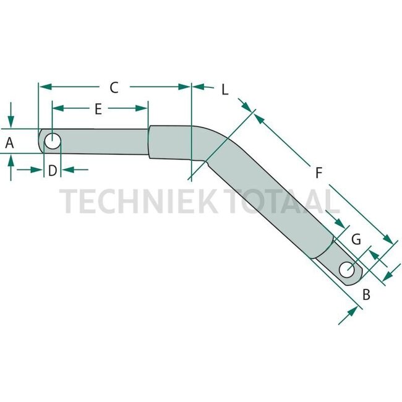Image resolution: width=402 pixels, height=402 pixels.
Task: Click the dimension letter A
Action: [x=9, y=143]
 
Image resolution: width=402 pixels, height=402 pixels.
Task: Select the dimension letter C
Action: [x=114, y=88]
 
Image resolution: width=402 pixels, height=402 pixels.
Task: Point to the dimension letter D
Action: [x=53, y=170]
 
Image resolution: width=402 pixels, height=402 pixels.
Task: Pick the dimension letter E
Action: [x=98, y=109]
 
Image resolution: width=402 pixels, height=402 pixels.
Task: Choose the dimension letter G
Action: [x=356, y=239]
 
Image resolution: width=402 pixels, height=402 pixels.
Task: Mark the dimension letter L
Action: [x=225, y=90]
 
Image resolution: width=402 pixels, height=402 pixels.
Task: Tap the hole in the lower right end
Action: [x=347, y=270]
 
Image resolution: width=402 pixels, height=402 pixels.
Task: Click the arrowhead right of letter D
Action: [x=68, y=169]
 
